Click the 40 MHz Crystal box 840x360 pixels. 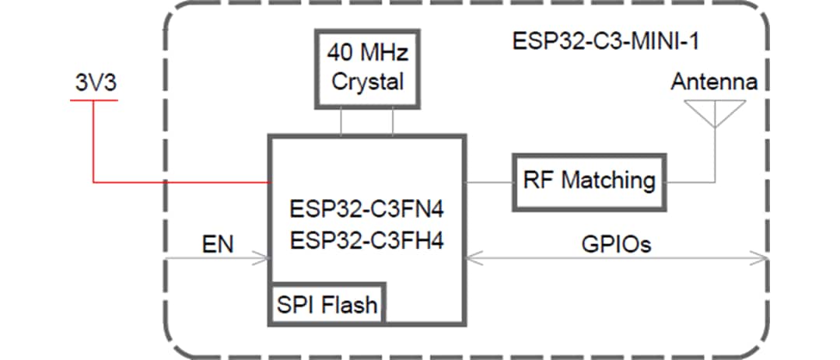367,68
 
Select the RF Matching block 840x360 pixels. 589,181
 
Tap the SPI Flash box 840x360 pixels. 327,304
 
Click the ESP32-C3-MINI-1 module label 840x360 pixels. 605,41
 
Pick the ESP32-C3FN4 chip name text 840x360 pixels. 366,210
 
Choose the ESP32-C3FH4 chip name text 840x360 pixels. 366,242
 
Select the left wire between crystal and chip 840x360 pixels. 341,121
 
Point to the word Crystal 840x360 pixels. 367,82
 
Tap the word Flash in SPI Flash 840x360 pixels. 351,305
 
